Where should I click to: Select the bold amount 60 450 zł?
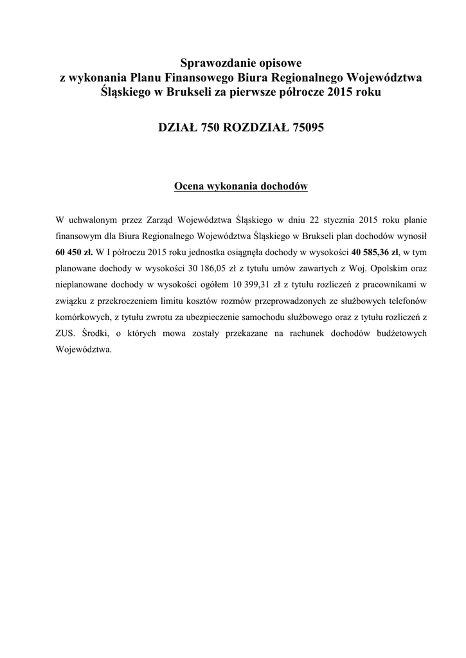pos(75,253)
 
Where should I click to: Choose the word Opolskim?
pos(380,269)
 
